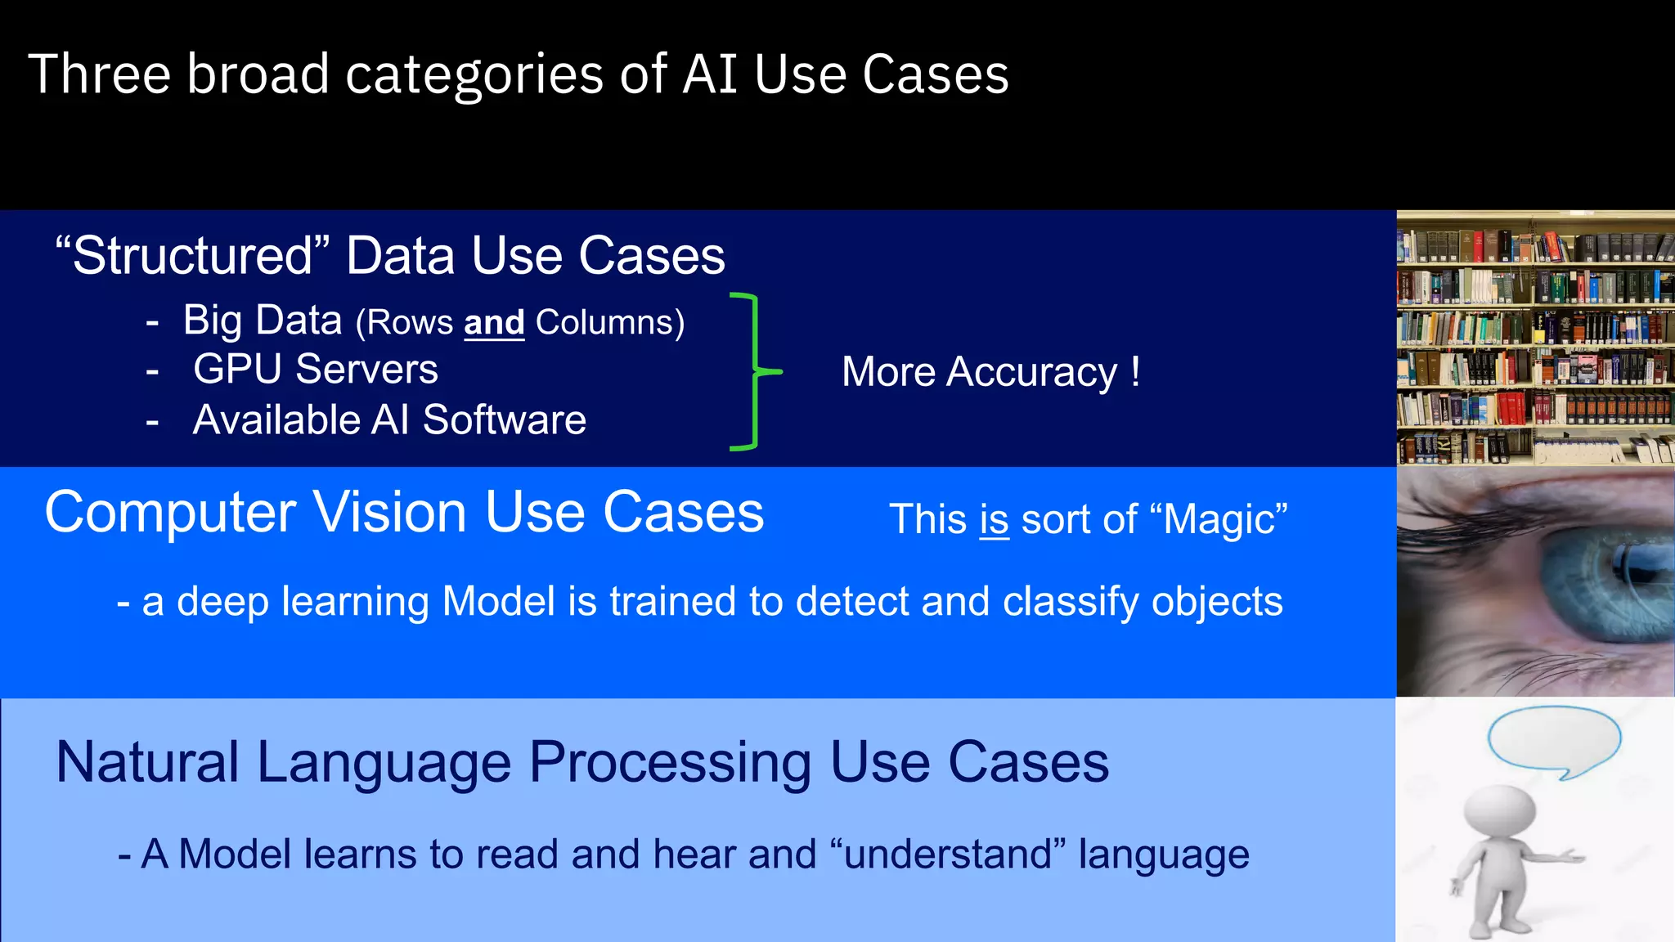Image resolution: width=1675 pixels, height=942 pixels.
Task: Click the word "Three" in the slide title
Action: [99, 74]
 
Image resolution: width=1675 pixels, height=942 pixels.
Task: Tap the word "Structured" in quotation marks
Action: [192, 255]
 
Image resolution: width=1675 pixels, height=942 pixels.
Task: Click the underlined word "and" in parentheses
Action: [494, 322]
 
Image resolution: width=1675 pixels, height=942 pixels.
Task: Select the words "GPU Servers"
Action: [315, 369]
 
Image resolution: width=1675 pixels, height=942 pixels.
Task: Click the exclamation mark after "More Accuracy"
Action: [1135, 371]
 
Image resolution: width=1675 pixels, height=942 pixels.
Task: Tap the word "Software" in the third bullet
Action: [504, 419]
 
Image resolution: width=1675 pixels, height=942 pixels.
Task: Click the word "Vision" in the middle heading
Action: [390, 513]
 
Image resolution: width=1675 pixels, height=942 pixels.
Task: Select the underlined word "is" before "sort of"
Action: [994, 520]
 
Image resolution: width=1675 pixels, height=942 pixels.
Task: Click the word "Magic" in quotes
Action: [1219, 520]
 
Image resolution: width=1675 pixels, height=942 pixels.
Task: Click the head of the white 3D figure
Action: [1499, 813]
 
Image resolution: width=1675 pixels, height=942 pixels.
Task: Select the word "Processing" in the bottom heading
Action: [671, 763]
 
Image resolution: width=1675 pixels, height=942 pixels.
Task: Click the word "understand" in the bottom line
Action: [948, 855]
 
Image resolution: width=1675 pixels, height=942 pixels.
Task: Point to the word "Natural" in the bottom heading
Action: [147, 763]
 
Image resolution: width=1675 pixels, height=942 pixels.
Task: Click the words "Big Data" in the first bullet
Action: [262, 320]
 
